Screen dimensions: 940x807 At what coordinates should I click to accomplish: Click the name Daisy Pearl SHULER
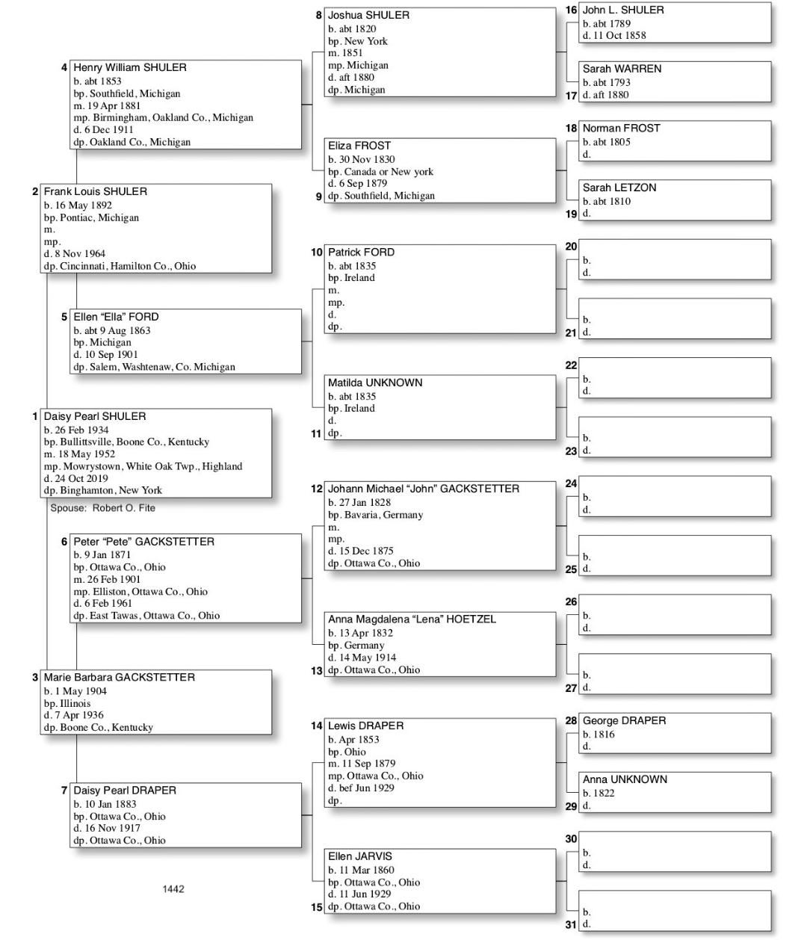coord(94,416)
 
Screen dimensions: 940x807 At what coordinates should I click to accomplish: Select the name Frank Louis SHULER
coord(95,191)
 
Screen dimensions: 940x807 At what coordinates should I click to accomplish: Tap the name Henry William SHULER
coord(129,67)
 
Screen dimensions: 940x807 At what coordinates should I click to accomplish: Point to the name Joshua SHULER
coord(368,15)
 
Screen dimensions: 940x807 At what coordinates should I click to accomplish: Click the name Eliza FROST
coord(359,146)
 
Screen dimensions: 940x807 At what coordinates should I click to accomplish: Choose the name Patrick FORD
coord(361,253)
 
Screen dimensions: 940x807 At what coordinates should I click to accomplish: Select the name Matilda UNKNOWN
coord(375,383)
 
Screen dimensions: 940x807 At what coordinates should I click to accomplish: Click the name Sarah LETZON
coord(619,188)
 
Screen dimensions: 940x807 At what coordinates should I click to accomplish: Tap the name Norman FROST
coord(621,129)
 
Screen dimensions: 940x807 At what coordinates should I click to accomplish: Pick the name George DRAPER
coord(624,721)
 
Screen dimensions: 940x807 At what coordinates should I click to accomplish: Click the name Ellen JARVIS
coord(359,856)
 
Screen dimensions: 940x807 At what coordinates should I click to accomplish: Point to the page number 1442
coord(173,889)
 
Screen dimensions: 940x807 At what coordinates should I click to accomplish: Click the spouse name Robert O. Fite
coord(124,508)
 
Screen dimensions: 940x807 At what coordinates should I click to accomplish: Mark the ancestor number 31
coord(571,924)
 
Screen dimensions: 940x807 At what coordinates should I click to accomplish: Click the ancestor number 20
coord(571,247)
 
